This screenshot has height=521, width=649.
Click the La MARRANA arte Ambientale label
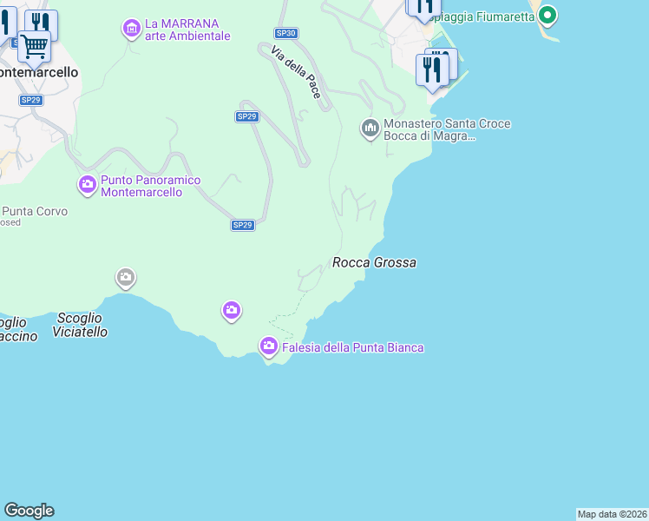pyautogui.click(x=187, y=30)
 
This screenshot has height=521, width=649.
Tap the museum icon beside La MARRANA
pyautogui.click(x=131, y=29)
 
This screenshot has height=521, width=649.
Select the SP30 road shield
pyautogui.click(x=286, y=33)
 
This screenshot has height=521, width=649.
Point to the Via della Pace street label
pyautogui.click(x=297, y=73)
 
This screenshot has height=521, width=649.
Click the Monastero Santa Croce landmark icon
pyautogui.click(x=370, y=129)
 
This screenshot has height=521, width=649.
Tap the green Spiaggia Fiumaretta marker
pyautogui.click(x=547, y=15)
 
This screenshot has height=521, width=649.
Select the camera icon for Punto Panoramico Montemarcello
pyautogui.click(x=88, y=184)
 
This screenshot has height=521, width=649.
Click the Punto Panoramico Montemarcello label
pyautogui.click(x=150, y=186)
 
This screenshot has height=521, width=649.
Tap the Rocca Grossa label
pyautogui.click(x=374, y=262)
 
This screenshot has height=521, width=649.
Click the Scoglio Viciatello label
pyautogui.click(x=80, y=325)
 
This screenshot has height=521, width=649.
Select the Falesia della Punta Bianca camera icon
pyautogui.click(x=269, y=346)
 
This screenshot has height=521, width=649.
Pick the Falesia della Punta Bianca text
pyautogui.click(x=352, y=347)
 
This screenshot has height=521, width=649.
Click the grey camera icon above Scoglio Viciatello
pyautogui.click(x=126, y=278)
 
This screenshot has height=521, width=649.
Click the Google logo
pyautogui.click(x=29, y=511)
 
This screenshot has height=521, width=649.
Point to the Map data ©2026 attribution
pyautogui.click(x=613, y=514)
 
